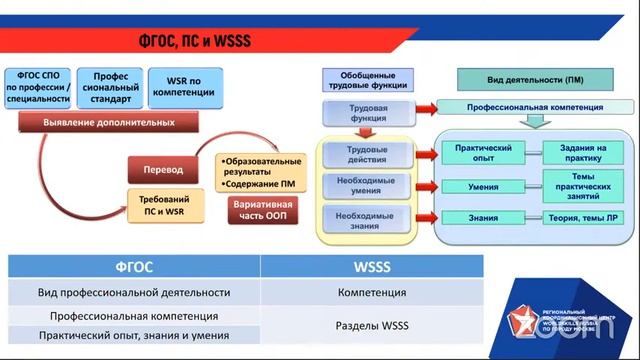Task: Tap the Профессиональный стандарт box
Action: tap(110, 88)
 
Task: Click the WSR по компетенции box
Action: tap(185, 88)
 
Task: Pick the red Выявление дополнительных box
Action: tap(109, 123)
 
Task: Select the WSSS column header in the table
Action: tap(371, 267)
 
